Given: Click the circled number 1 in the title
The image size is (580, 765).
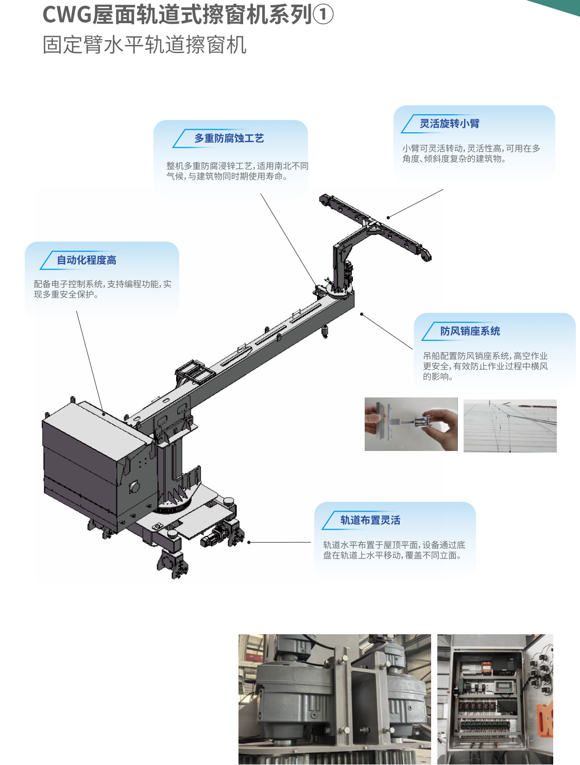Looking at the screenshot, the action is [323, 14].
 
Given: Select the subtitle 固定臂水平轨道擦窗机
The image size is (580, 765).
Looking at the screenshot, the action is [144, 45].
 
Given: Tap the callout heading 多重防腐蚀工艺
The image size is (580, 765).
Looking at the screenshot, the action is [229, 138].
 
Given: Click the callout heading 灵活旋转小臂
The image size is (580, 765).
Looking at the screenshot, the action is [450, 124].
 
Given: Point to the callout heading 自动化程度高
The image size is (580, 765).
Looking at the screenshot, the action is [87, 260].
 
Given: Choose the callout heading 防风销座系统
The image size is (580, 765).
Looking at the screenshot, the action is [470, 331].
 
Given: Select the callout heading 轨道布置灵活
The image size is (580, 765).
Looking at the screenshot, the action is [370, 520].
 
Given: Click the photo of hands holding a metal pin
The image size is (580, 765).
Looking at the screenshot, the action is [411, 424].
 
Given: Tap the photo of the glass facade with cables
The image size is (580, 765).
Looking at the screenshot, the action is [510, 426].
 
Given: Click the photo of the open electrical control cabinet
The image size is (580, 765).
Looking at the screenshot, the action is [496, 699].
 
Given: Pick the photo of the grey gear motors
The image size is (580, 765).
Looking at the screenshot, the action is [335, 699].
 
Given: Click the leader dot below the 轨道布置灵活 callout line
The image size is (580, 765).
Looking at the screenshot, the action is [249, 542].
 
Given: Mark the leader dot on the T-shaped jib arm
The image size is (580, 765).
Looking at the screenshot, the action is [388, 218].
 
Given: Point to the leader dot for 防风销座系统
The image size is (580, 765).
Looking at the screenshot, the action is [362, 315].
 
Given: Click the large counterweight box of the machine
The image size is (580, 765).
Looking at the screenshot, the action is [94, 463].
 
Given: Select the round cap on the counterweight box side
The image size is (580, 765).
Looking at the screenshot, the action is [134, 486].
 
